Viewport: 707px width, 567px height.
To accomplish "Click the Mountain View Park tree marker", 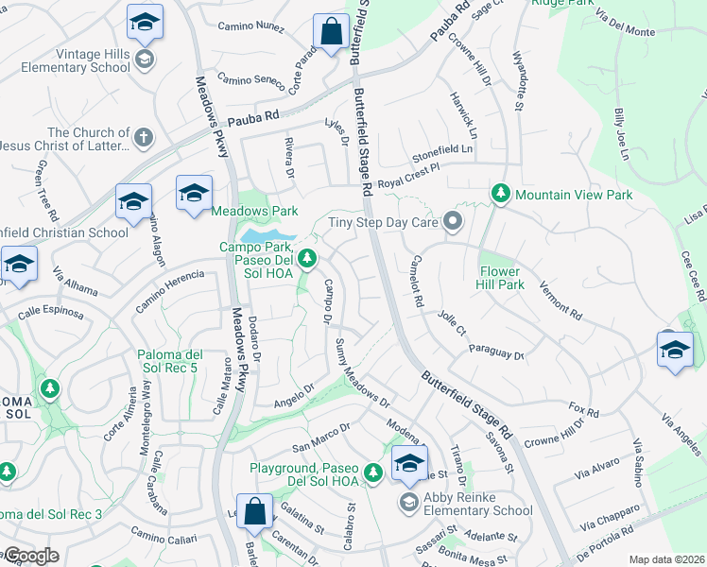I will (501, 195).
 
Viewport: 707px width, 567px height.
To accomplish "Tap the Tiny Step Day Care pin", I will (453, 223).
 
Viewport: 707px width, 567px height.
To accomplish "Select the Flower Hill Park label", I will (501, 270).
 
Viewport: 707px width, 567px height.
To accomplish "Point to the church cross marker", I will (144, 138).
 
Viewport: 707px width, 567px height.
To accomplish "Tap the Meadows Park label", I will (253, 211).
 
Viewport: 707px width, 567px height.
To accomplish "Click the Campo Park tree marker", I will (305, 257).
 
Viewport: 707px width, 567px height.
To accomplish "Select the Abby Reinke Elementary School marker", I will (408, 501).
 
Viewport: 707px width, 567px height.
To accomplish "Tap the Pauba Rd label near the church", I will (254, 119).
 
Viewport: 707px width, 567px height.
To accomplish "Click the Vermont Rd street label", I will (560, 299).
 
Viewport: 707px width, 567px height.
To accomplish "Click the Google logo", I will (30, 556).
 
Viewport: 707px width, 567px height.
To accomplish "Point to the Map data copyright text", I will (665, 559).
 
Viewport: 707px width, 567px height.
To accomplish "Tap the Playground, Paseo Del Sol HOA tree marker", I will (373, 472).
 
